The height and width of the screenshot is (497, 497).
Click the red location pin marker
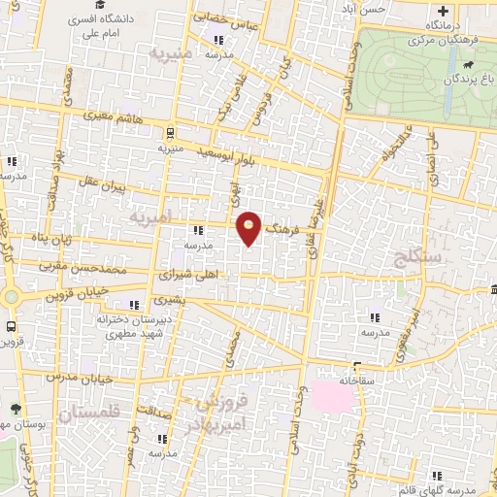tap(249, 226)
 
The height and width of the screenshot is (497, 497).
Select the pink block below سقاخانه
tap(332, 395)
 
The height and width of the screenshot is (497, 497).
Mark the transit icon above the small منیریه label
tap(171, 133)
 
